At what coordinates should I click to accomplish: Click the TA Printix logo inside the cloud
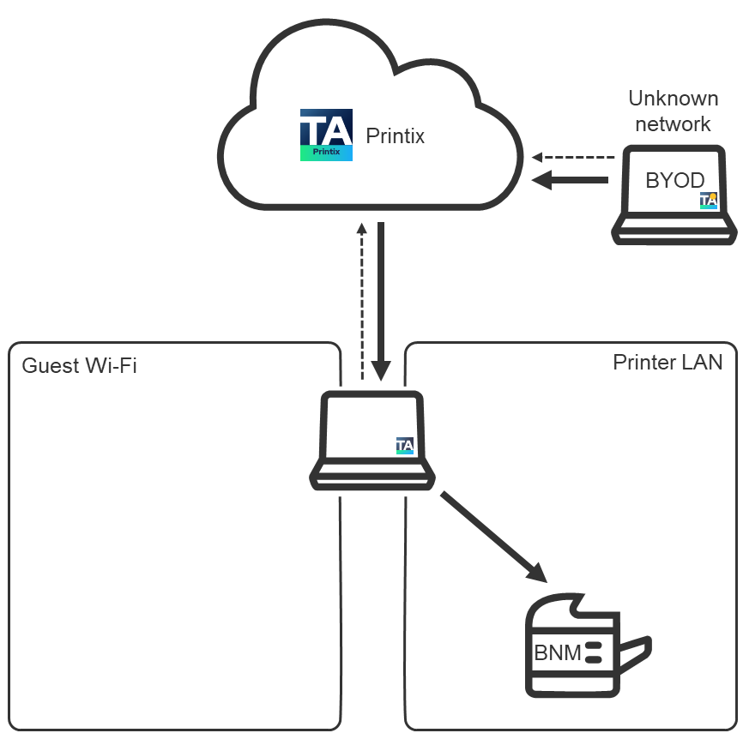[x=326, y=135]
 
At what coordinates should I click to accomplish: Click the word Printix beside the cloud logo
[x=395, y=135]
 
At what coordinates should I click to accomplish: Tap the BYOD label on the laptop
[x=674, y=181]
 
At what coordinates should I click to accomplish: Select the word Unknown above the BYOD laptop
[x=673, y=98]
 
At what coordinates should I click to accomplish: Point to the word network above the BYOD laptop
[x=673, y=123]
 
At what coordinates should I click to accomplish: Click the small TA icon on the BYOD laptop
[x=708, y=201]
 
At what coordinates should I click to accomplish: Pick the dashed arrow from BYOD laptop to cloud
[x=574, y=157]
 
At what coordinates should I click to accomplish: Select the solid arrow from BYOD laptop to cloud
[x=571, y=180]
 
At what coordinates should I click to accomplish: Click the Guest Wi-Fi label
[x=79, y=366]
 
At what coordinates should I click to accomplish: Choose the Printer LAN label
[x=667, y=362]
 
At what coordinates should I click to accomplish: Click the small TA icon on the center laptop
[x=405, y=446]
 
